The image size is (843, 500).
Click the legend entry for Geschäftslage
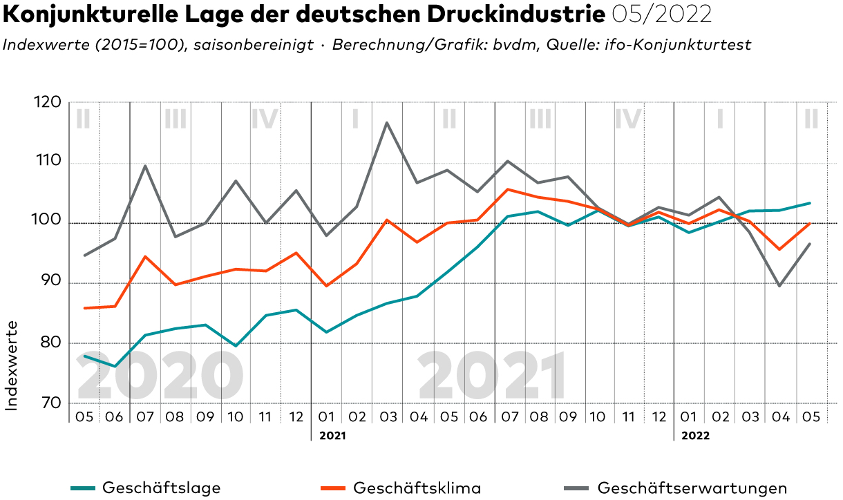(161, 488)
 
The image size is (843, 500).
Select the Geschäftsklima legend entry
(417, 488)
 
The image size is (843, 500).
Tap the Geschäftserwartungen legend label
(692, 488)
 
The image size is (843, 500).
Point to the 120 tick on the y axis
(47, 103)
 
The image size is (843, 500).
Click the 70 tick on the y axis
(47, 403)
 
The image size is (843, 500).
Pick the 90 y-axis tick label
(47, 282)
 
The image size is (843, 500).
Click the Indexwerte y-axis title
(12, 365)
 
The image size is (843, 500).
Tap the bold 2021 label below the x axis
(332, 436)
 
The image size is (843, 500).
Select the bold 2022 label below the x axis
(695, 436)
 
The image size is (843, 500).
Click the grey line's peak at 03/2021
(386, 123)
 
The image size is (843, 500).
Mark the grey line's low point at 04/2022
(779, 286)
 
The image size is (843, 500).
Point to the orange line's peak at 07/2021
(508, 189)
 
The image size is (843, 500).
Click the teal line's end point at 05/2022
(810, 203)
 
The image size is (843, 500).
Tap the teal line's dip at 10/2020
(236, 346)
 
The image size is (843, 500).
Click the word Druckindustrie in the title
(512, 15)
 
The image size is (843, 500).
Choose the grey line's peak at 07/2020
(145, 166)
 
